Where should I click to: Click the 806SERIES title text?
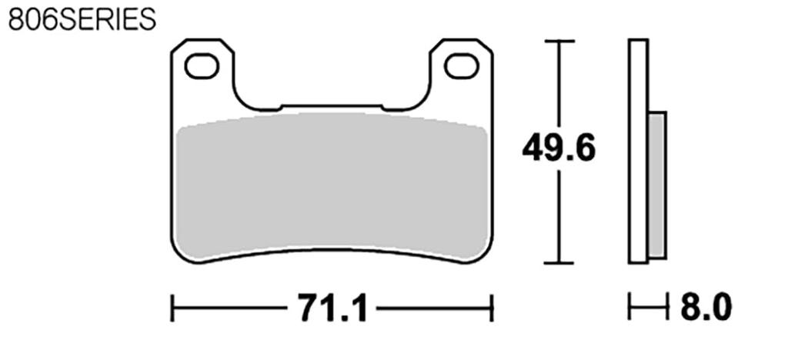[82, 19]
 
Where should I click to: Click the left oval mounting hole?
[201, 66]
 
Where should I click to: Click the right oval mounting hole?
[462, 66]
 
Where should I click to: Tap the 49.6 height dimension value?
[559, 148]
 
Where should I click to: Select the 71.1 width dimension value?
[331, 310]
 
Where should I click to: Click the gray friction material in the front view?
[331, 185]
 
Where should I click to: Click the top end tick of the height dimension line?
[559, 41]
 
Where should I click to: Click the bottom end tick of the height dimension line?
[559, 262]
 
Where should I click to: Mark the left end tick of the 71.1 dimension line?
[172, 310]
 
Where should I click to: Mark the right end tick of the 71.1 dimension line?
[491, 310]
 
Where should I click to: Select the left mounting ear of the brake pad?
[202, 77]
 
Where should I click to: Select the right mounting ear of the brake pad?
[461, 77]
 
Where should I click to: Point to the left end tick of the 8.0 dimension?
[630, 310]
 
